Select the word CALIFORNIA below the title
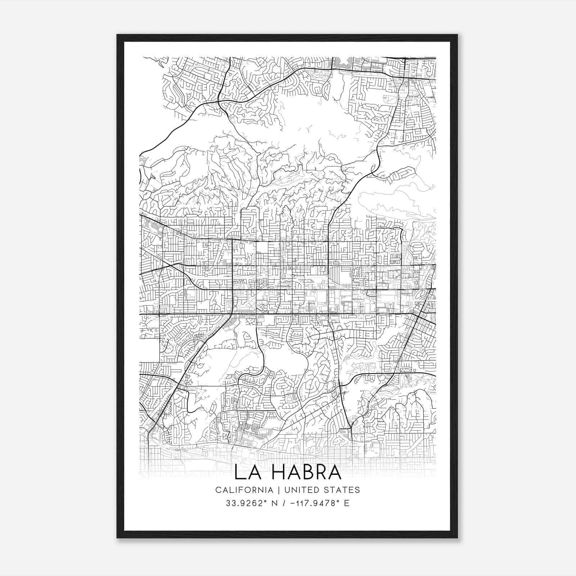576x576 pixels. click(244, 490)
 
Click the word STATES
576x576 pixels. click(342, 490)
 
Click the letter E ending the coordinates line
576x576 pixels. click(347, 503)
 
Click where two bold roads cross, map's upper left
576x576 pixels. click(219, 102)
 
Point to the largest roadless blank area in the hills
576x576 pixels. click(317, 119)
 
